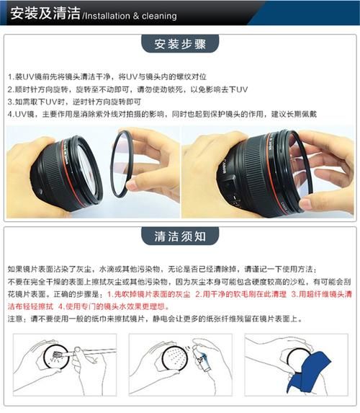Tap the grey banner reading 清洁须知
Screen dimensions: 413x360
[179, 236]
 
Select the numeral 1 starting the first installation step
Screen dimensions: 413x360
[10, 76]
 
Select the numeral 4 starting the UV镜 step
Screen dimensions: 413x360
[10, 114]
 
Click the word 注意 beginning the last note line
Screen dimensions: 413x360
[14, 319]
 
